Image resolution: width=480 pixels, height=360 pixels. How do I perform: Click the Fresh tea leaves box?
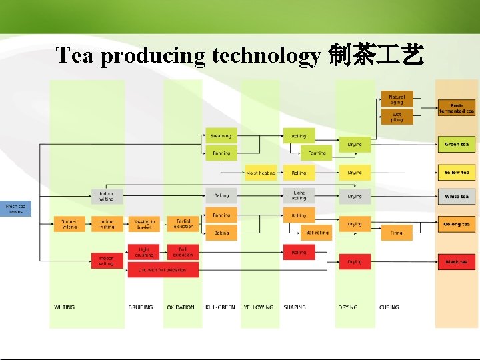[x=15, y=209]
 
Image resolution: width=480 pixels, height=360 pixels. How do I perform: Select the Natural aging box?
[x=397, y=99]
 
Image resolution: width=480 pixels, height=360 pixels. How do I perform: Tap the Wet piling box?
[x=397, y=117]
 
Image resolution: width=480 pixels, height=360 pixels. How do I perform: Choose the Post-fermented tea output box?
[x=457, y=108]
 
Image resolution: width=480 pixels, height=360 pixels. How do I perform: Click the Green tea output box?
[x=457, y=144]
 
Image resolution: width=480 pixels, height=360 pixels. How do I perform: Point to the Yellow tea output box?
[x=457, y=173]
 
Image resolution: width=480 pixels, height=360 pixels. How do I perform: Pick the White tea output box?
[x=457, y=197]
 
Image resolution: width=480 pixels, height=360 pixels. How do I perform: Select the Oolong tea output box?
[x=457, y=224]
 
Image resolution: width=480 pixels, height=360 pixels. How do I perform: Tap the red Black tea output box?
[x=457, y=262]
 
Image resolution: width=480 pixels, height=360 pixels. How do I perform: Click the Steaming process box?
[x=221, y=136]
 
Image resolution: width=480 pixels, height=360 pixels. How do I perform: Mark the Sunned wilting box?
[x=69, y=224]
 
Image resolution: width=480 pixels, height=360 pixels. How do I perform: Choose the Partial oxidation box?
[x=183, y=224]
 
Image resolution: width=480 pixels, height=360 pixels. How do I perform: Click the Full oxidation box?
[x=183, y=252]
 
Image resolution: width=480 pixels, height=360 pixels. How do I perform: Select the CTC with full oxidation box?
[x=163, y=270]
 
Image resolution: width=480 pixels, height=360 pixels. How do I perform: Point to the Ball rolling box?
[x=315, y=233]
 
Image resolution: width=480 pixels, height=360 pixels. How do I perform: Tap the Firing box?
[x=397, y=233]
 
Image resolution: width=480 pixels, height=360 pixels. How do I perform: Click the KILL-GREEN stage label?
[x=220, y=307]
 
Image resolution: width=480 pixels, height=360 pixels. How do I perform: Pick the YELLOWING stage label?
[x=258, y=307]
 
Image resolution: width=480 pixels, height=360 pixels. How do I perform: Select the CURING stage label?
[x=389, y=307]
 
